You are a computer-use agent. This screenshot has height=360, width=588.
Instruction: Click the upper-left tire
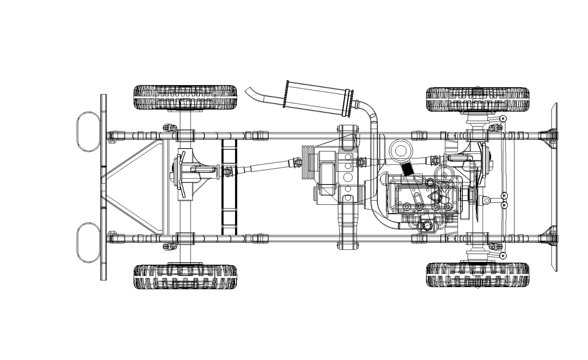[185, 97]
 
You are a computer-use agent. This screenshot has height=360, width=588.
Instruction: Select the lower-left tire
[185, 276]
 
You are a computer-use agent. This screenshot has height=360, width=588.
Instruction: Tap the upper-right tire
[477, 99]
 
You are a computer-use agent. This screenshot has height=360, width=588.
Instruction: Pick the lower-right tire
[477, 274]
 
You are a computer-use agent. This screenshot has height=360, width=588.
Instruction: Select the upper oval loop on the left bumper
[88, 130]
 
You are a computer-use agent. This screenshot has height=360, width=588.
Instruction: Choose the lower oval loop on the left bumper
[88, 242]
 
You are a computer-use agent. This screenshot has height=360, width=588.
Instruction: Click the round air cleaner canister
[401, 151]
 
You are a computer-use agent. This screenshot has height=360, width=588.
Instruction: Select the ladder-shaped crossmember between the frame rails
[229, 186]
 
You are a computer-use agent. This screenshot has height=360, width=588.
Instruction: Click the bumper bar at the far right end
[554, 187]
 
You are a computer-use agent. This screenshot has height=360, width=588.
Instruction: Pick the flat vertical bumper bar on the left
[104, 187]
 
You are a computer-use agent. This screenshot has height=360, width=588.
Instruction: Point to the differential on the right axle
[479, 166]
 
